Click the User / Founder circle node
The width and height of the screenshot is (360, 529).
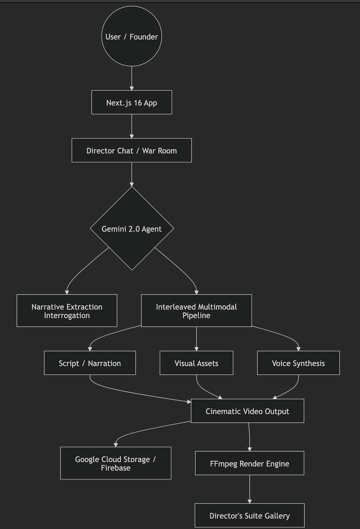point(132,36)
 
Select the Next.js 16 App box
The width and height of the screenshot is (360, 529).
point(132,102)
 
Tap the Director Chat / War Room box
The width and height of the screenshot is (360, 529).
point(132,150)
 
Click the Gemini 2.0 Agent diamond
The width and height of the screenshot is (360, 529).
point(132,229)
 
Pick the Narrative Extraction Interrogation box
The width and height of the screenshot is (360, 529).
point(67,310)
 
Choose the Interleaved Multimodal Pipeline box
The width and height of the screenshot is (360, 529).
point(196,310)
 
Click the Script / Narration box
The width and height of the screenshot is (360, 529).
point(90,363)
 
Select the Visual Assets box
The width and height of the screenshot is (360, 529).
point(196,363)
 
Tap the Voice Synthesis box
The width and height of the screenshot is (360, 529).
point(298,363)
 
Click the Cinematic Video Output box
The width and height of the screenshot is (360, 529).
point(247,411)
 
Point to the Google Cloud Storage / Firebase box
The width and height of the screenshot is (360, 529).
point(116,463)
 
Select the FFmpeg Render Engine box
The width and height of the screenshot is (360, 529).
point(249,463)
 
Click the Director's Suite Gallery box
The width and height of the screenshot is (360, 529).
point(249,515)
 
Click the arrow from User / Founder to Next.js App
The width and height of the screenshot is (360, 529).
point(132,78)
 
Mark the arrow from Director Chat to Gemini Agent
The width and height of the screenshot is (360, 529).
point(132,174)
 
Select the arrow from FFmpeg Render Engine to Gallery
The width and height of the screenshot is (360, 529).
point(249,489)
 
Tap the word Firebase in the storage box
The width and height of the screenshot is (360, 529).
point(115,467)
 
